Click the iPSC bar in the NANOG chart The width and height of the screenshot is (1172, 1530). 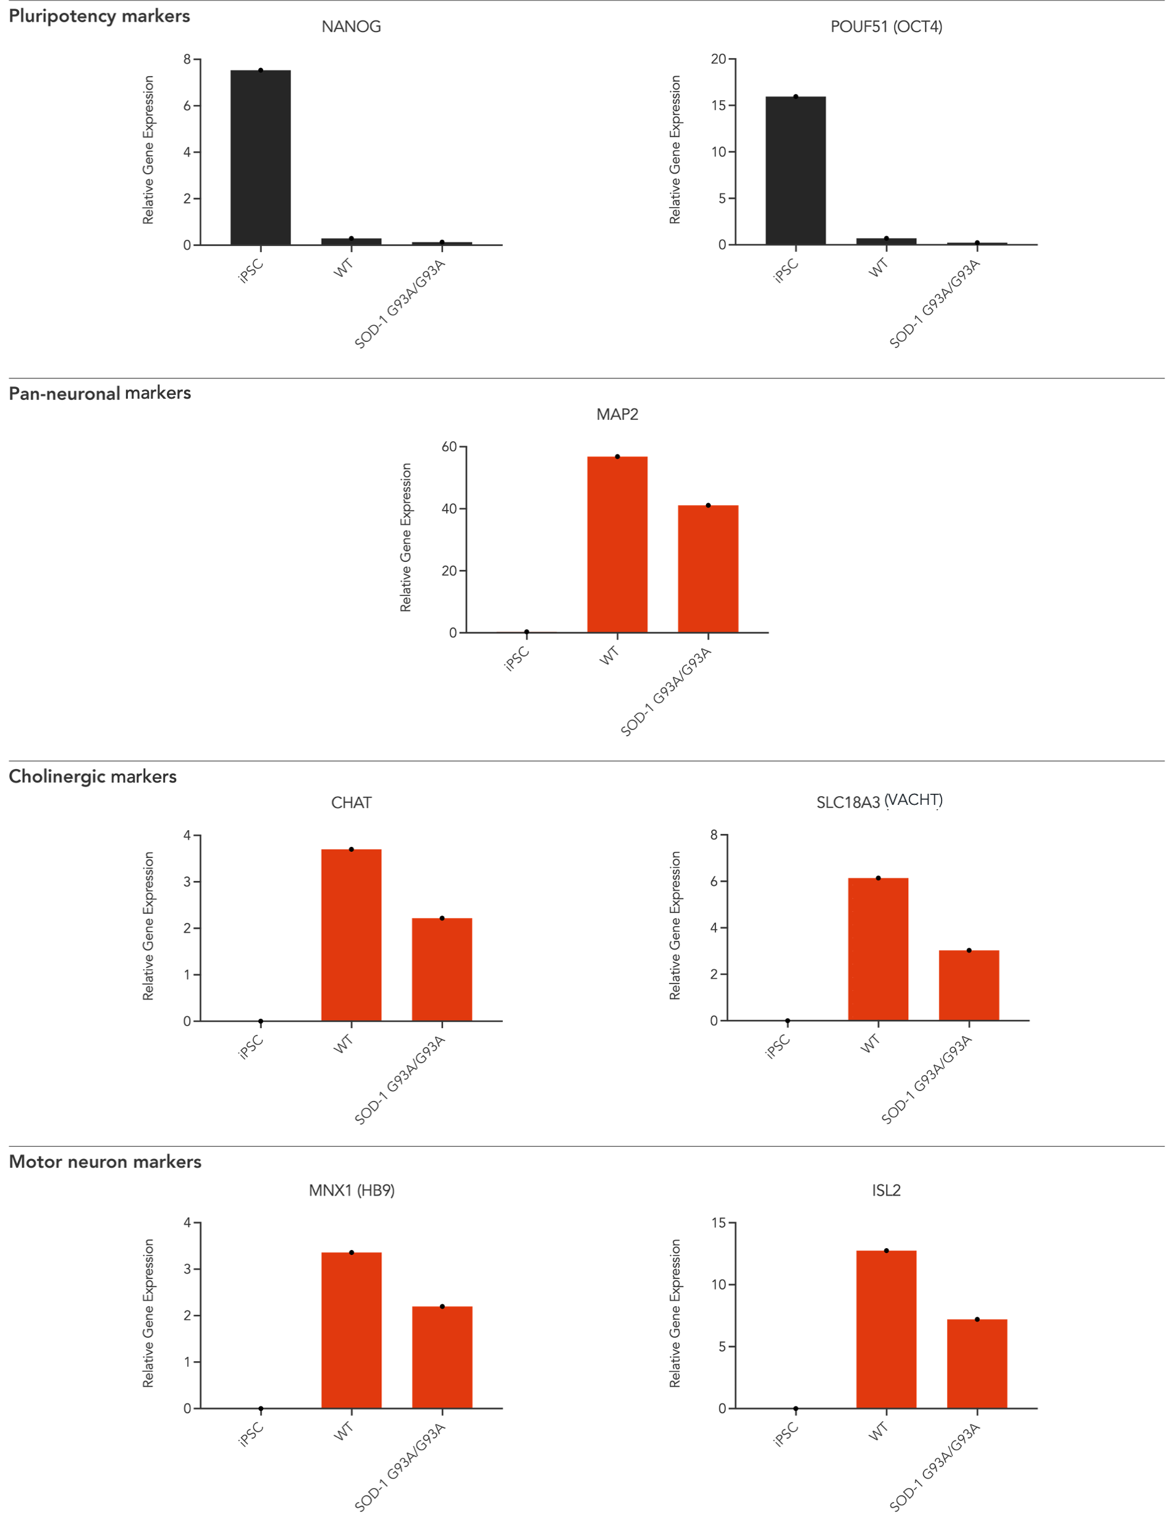pyautogui.click(x=260, y=158)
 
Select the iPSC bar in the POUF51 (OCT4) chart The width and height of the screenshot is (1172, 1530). pyautogui.click(x=795, y=171)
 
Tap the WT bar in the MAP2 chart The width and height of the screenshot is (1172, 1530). pyautogui.click(x=617, y=545)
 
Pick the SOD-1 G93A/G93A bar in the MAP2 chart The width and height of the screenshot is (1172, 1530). pyautogui.click(x=707, y=569)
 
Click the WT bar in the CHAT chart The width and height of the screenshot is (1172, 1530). pyautogui.click(x=351, y=935)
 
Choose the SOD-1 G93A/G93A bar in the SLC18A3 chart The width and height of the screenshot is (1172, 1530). pyautogui.click(x=968, y=985)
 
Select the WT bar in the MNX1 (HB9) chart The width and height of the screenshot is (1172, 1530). pyautogui.click(x=351, y=1330)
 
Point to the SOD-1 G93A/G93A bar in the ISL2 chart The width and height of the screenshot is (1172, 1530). pyautogui.click(x=977, y=1364)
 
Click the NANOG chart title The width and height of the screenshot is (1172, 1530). pyautogui.click(x=351, y=27)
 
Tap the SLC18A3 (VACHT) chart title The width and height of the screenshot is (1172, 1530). pyautogui.click(x=879, y=801)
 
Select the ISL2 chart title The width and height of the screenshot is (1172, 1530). pyautogui.click(x=886, y=1190)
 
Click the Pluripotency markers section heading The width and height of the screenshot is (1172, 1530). pyautogui.click(x=99, y=16)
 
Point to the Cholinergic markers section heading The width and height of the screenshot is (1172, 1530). pyautogui.click(x=93, y=777)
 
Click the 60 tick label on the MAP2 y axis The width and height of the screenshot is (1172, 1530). pyautogui.click(x=449, y=447)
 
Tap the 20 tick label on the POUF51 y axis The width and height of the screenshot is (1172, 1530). pyautogui.click(x=718, y=59)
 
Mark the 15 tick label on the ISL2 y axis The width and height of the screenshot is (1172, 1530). pyautogui.click(x=718, y=1223)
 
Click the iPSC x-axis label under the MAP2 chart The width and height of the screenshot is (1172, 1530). pyautogui.click(x=517, y=659)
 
